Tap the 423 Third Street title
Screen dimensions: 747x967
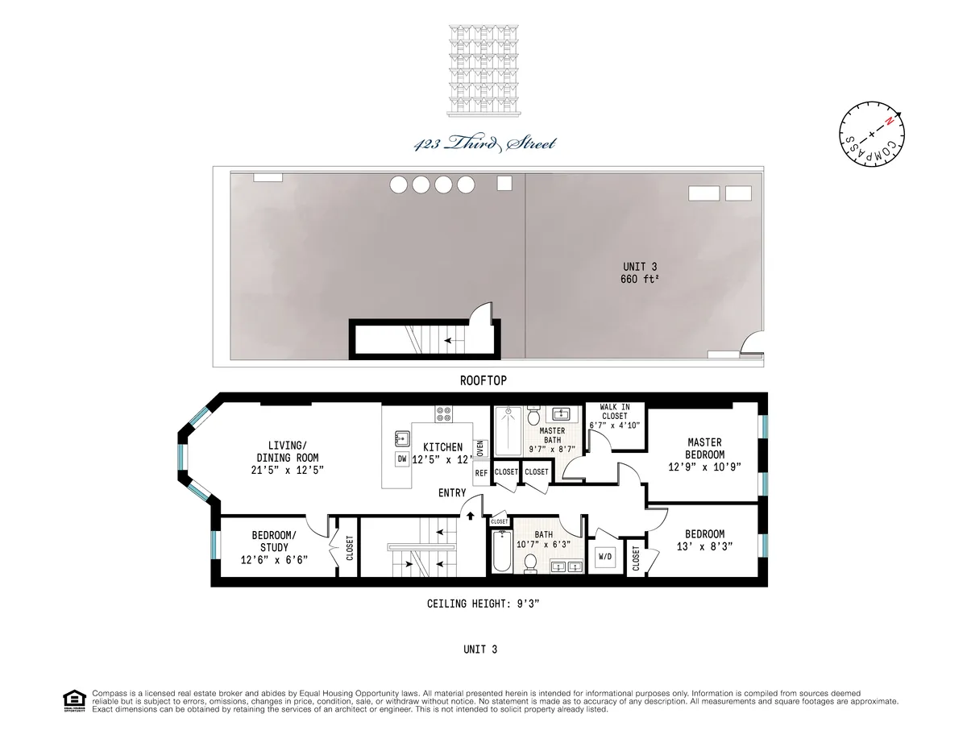point(483,144)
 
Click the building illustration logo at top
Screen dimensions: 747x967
point(483,68)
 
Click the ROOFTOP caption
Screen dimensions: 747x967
point(483,380)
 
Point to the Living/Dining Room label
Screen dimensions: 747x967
point(287,456)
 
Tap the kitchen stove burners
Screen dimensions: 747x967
point(444,414)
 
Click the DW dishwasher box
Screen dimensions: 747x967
point(401,459)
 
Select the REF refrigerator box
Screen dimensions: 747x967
point(481,473)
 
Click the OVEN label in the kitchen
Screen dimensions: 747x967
point(480,448)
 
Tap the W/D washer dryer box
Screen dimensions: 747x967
point(604,557)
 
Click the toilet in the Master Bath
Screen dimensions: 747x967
point(533,417)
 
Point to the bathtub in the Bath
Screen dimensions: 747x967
point(500,553)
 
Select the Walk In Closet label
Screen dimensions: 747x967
point(614,411)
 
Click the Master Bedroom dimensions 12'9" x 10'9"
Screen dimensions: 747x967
point(704,467)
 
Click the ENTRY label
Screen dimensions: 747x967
point(452,493)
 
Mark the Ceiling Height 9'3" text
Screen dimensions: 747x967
point(483,604)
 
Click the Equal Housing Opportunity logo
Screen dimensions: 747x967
point(74,700)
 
